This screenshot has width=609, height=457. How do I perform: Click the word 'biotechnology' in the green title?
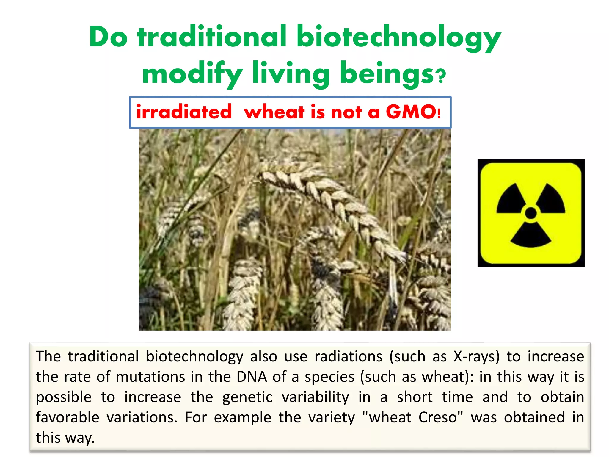[x=398, y=37]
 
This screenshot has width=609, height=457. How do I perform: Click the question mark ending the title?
[x=442, y=76]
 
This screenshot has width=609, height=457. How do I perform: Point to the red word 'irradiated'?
[x=184, y=112]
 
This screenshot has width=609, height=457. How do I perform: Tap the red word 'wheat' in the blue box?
[x=274, y=112]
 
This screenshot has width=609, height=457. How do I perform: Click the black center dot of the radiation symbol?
[x=531, y=213]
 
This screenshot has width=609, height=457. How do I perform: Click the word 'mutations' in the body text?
[x=150, y=377]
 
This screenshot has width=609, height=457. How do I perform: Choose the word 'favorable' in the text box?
[x=68, y=417]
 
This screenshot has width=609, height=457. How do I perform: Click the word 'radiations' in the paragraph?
[x=348, y=356]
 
